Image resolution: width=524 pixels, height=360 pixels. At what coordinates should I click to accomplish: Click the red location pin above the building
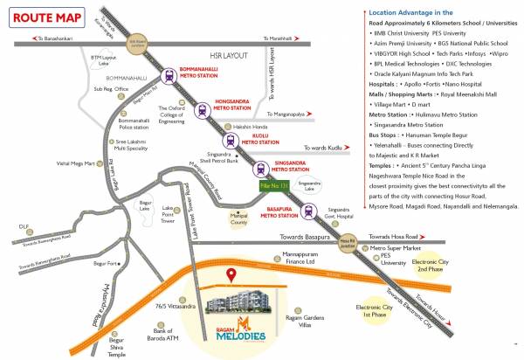231,276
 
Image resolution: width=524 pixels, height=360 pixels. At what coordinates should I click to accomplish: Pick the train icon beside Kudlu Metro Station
231,140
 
